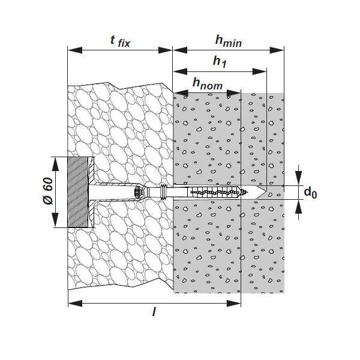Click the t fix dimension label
(120, 41)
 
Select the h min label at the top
(229, 41)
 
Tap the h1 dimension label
(220, 62)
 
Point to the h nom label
(208, 83)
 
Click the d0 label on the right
(310, 193)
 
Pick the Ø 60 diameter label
(48, 191)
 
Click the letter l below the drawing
(154, 311)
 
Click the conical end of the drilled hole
(262, 192)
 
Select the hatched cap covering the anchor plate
(78, 192)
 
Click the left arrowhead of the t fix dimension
(75, 50)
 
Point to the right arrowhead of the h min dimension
(277, 50)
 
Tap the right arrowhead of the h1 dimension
(259, 71)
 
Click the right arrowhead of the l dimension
(234, 303)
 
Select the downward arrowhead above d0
(298, 178)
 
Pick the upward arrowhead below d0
(298, 206)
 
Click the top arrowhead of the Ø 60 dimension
(55, 164)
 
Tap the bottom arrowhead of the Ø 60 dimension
(55, 220)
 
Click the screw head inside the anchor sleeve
(137, 192)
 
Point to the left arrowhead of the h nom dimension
(181, 93)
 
